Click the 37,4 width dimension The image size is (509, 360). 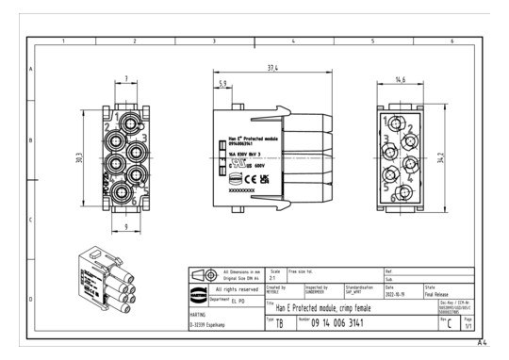(x=271, y=69)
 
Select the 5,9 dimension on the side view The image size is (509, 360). (x=222, y=84)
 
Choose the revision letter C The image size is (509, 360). (x=450, y=324)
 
